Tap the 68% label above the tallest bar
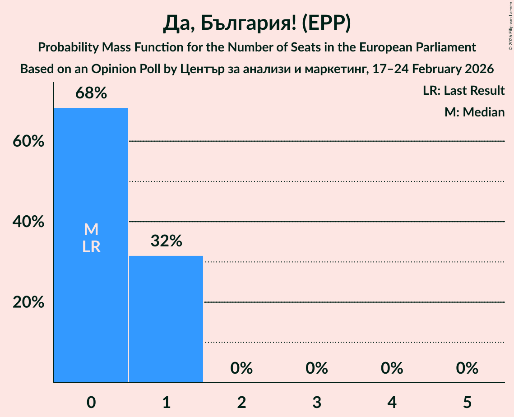point(91,93)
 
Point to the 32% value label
point(166,241)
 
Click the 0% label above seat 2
point(241,368)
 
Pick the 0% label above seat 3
point(316,368)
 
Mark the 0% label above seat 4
point(392,368)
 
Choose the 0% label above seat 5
point(467,368)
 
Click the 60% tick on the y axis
point(28,141)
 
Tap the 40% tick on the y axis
point(28,222)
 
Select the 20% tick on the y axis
point(28,302)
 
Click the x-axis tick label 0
point(91,402)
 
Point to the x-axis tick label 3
point(316,402)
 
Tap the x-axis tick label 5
point(467,402)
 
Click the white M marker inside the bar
point(91,229)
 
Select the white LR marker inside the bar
point(91,247)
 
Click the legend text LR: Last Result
point(463,91)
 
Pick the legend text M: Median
point(474,112)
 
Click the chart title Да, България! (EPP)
point(257,23)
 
